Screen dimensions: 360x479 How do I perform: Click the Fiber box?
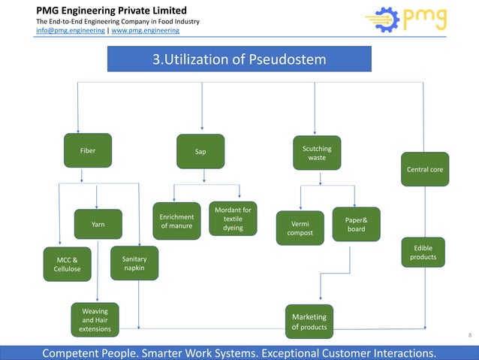[x=88, y=150]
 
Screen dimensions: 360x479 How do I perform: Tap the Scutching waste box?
[x=317, y=153]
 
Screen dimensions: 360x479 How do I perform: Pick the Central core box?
[x=424, y=170]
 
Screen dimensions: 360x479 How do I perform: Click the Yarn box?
[x=98, y=224]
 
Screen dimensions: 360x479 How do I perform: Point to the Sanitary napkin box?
[x=134, y=263]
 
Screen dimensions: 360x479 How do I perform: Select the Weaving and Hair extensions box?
[x=95, y=319]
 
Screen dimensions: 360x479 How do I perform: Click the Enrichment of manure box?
[x=176, y=221]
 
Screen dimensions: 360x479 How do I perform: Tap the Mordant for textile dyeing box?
[x=233, y=218]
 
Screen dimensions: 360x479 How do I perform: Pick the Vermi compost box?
[x=300, y=228]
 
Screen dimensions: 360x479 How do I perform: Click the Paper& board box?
[x=356, y=224]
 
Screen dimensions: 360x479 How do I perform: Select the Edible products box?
[x=423, y=253]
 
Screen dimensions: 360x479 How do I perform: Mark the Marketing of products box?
[x=309, y=322]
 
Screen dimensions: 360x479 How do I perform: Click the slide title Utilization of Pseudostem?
[x=239, y=59]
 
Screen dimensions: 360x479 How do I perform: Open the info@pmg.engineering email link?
[x=71, y=31]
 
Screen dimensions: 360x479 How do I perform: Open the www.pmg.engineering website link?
[x=145, y=31]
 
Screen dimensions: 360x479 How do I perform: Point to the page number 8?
[x=470, y=334]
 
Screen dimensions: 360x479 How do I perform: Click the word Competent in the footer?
[x=74, y=352]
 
